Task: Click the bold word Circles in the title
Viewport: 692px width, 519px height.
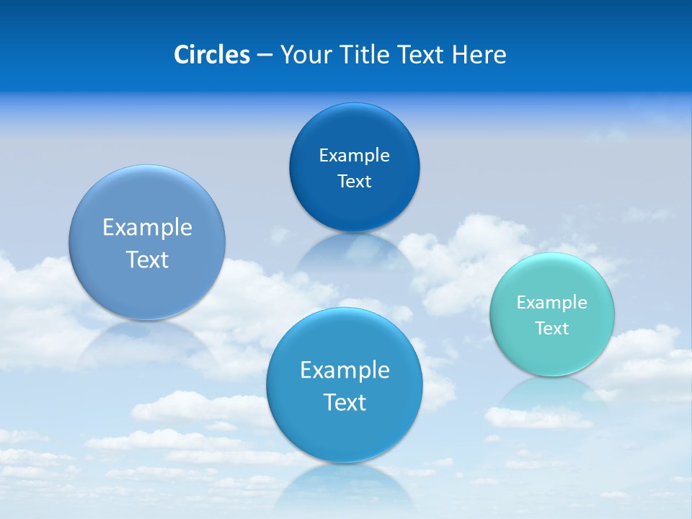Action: point(211,55)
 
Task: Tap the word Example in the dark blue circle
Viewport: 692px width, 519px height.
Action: point(355,156)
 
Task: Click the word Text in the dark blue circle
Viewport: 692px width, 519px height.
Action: point(355,182)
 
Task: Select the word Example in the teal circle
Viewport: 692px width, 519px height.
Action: point(552,303)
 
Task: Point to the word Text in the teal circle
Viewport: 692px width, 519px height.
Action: point(552,329)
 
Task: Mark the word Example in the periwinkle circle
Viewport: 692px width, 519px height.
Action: point(147,228)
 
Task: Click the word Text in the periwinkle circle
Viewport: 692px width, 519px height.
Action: point(147,259)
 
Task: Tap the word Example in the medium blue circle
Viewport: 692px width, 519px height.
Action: point(345,371)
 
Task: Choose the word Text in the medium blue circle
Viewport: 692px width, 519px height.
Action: point(345,402)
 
